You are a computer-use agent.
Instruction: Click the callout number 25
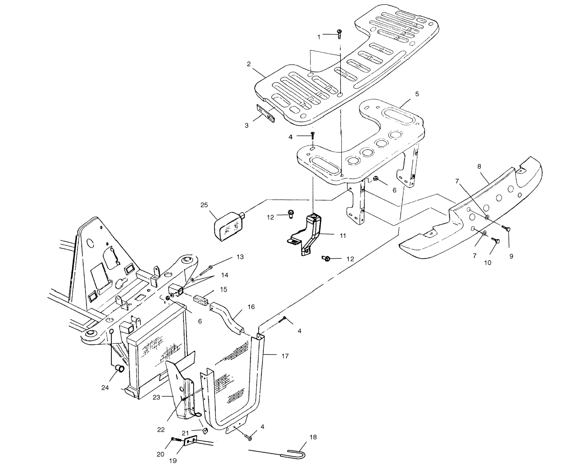click(204, 205)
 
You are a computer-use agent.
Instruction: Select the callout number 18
click(313, 437)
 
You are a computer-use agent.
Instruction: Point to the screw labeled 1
click(339, 34)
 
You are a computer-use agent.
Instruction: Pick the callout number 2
click(249, 64)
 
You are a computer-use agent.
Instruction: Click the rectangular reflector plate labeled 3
click(266, 114)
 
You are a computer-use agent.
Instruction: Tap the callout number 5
click(417, 94)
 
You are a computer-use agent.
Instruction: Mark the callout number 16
click(251, 307)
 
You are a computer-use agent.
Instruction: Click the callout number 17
click(285, 356)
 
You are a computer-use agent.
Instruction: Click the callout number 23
click(156, 397)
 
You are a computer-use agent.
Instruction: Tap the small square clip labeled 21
click(205, 430)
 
